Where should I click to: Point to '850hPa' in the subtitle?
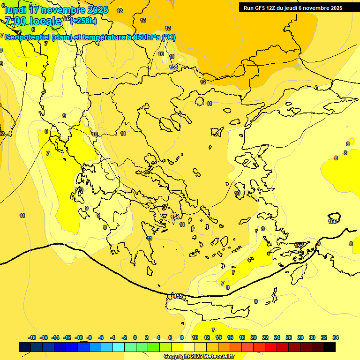147,37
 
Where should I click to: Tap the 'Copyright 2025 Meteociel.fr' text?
199,356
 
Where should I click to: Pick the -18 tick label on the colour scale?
32,337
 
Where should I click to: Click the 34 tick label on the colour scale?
336,337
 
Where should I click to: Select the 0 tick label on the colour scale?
135,337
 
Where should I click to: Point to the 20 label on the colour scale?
254,337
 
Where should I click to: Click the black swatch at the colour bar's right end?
330,347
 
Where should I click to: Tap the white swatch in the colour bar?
189,347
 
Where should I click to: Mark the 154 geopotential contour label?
175,217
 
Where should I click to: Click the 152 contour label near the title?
67,19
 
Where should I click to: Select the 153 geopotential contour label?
173,67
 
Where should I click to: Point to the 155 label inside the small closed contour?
333,221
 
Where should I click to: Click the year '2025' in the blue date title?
99,9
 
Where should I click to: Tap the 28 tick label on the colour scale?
300,337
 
